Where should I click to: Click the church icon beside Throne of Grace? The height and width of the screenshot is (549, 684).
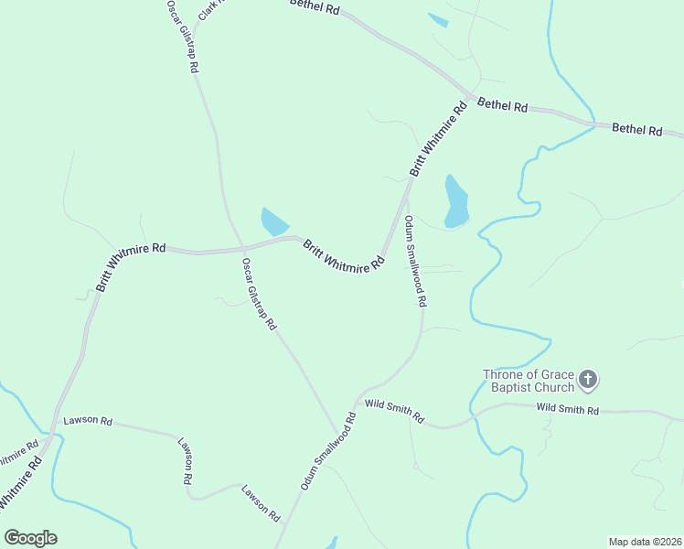click(588, 379)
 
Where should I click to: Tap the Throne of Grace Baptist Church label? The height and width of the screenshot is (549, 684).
click(529, 380)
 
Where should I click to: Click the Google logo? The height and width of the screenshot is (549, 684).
click(30, 538)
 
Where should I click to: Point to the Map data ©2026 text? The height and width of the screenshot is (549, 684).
click(645, 541)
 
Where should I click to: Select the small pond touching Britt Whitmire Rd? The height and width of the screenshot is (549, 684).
click(273, 221)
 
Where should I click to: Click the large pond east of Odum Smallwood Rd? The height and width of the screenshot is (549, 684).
click(455, 201)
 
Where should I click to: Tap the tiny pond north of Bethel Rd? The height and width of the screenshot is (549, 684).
click(438, 20)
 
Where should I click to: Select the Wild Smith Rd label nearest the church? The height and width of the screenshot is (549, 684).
click(567, 410)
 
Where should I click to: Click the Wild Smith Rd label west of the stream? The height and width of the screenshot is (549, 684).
click(394, 410)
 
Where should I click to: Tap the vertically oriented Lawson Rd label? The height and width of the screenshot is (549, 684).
click(186, 459)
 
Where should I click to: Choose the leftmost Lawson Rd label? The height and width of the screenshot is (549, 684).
click(88, 422)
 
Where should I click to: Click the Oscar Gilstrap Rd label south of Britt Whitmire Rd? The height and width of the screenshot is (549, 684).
click(259, 293)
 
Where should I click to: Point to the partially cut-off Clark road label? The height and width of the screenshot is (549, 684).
click(210, 9)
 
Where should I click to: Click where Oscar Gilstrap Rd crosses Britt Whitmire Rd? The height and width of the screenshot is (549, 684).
click(242, 246)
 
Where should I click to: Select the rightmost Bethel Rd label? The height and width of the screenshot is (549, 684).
click(636, 130)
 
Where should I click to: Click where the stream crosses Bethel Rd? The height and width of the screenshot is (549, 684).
click(594, 123)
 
